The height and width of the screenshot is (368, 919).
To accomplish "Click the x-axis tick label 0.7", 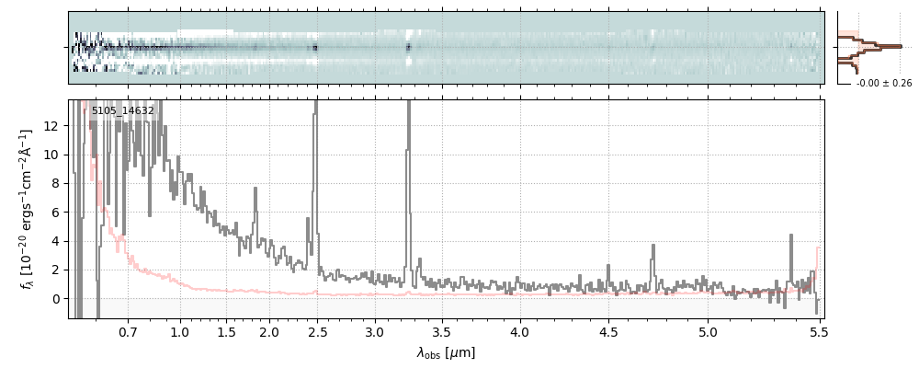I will (x=128, y=331).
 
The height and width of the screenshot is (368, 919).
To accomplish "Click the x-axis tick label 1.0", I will (x=180, y=331).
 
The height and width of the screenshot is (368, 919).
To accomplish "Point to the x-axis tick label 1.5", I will (x=226, y=331).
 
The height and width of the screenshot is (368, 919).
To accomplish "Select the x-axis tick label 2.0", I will (x=269, y=331).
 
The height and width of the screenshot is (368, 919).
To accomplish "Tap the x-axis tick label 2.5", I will (x=317, y=331).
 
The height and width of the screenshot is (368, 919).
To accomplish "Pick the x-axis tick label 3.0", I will (x=375, y=331).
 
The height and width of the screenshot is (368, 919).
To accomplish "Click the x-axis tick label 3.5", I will (x=443, y=331).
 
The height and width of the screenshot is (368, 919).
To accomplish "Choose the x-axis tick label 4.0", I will (x=520, y=331).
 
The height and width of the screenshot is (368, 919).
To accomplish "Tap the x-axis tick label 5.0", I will (x=708, y=331).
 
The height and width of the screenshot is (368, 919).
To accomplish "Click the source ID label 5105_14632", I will (x=122, y=111).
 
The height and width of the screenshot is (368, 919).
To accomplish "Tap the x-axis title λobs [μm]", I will (x=446, y=353).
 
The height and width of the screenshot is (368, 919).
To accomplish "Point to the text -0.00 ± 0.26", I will (x=883, y=84).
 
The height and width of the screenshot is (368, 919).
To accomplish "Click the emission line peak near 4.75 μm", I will (x=652, y=246).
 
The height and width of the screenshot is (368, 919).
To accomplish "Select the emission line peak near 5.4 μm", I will (x=790, y=236).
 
